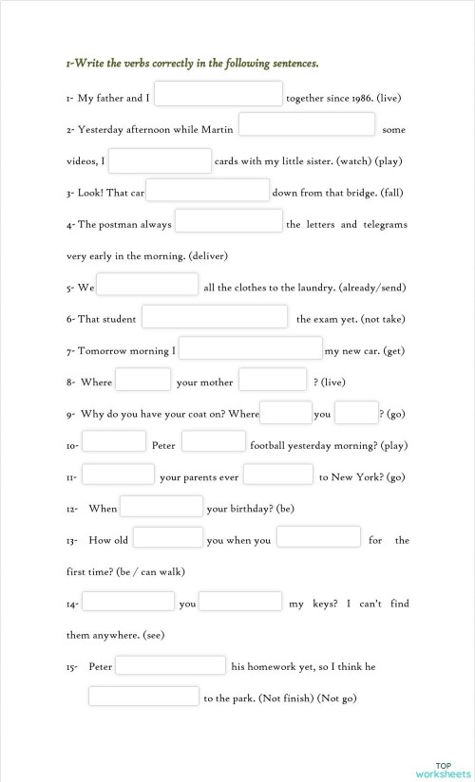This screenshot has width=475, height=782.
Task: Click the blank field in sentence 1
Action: click(x=218, y=94)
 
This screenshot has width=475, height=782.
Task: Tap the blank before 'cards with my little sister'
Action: click(x=160, y=160)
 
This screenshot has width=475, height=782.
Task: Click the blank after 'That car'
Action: click(x=208, y=191)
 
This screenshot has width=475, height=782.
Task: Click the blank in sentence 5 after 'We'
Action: click(x=147, y=285)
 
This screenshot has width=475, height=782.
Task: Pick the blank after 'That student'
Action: click(x=215, y=317)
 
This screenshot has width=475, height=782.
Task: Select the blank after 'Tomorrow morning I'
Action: click(x=251, y=348)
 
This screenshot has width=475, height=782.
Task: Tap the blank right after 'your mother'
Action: click(x=273, y=381)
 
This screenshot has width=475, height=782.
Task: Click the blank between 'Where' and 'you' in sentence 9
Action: click(x=286, y=413)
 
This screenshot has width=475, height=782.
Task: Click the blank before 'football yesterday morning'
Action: click(x=214, y=442)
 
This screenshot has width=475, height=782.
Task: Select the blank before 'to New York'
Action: click(x=278, y=475)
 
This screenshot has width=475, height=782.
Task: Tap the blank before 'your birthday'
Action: click(x=161, y=507)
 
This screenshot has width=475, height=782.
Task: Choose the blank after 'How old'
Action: click(x=168, y=538)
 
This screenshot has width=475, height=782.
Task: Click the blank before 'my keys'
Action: click(x=240, y=602)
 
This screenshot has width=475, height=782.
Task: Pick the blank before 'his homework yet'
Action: click(x=170, y=665)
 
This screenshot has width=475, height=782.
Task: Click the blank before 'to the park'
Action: click(x=144, y=698)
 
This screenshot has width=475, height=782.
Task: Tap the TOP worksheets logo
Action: click(x=443, y=770)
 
